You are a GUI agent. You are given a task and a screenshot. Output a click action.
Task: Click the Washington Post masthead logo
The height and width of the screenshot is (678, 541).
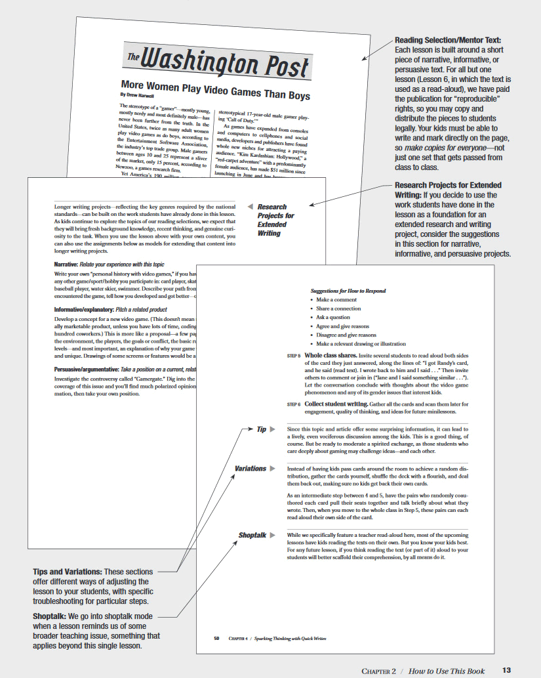[x=217, y=64]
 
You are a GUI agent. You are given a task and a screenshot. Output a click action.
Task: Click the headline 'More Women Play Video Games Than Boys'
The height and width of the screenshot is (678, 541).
[x=215, y=89]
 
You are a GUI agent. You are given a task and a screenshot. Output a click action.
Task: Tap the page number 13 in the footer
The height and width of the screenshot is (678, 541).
[x=506, y=670]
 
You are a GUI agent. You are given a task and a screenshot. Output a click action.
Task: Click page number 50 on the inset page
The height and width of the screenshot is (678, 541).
[x=216, y=638]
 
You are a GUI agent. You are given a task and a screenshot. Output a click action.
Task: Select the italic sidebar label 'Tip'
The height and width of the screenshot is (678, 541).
[x=261, y=430]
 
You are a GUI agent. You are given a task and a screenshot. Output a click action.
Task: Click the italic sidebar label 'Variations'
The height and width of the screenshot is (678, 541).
[x=250, y=469]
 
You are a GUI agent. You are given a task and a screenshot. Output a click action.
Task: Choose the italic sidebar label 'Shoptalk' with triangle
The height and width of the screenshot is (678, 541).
[x=252, y=536]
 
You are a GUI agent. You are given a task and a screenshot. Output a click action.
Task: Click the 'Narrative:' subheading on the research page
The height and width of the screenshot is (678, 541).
[x=67, y=264]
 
